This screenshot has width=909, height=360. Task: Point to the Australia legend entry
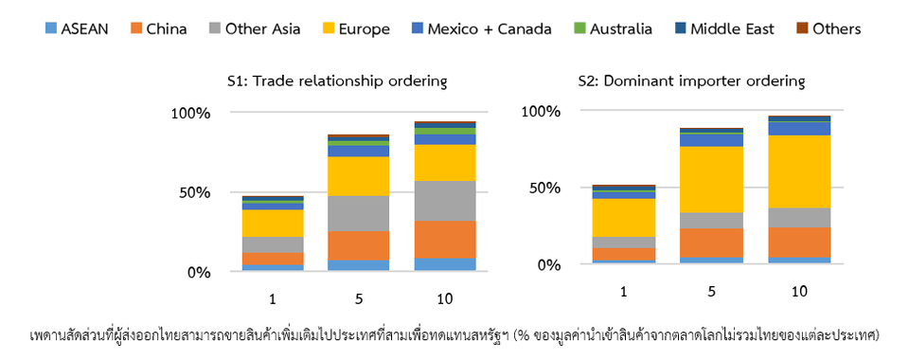point(612,28)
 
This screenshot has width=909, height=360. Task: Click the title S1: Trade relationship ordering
point(336,81)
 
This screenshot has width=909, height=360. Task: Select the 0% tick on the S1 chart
point(198,273)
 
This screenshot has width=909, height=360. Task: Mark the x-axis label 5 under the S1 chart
point(358,299)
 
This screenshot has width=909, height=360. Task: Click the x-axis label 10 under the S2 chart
point(799,292)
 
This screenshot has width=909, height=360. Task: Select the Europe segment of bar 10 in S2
point(798,171)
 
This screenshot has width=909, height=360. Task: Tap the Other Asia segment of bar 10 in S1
point(445,200)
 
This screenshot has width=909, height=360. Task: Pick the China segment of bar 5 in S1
point(358,245)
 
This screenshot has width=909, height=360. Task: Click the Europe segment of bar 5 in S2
point(712,179)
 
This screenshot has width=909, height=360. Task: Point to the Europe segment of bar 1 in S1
point(272,223)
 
